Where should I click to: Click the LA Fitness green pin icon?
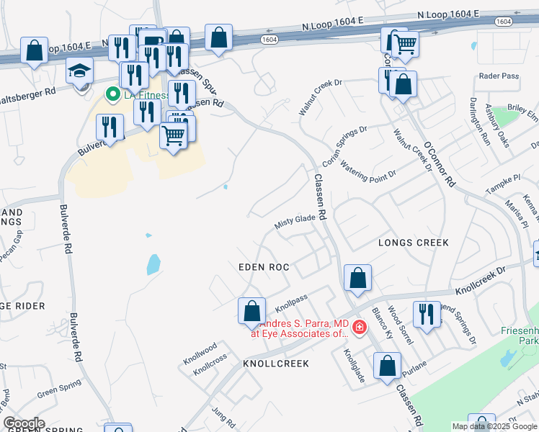(x=112, y=94)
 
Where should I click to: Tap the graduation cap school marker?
(x=79, y=72)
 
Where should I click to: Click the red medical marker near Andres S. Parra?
(x=358, y=329)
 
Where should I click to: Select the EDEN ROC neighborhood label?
(x=264, y=267)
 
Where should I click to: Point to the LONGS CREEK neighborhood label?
(x=413, y=243)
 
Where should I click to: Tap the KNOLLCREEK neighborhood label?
(x=276, y=364)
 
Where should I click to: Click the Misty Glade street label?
(x=296, y=221)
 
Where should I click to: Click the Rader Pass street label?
(x=499, y=76)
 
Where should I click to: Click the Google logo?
(x=23, y=423)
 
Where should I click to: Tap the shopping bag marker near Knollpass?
(x=251, y=311)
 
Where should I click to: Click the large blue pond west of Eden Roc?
(x=153, y=264)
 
